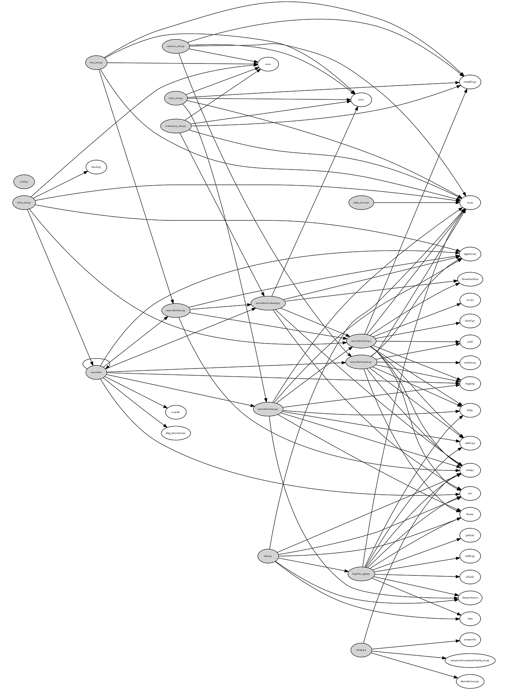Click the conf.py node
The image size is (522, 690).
pyautogui.click(x=24, y=182)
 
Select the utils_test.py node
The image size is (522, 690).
pyautogui.click(x=24, y=203)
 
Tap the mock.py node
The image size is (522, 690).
pyautogui.click(x=96, y=167)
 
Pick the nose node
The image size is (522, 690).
pyautogui.click(x=268, y=64)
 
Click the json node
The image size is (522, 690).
pyautogui.click(x=361, y=100)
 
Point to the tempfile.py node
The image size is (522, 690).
pyautogui.click(x=470, y=82)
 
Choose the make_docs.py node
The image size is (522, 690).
pyautogui.click(x=361, y=203)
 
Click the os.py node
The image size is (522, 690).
pyautogui.click(x=470, y=203)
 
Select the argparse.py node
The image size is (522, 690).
pyautogui.click(x=470, y=254)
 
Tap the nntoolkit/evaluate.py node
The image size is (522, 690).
pyautogui.click(x=268, y=303)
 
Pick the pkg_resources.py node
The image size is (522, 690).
pyautogui.click(x=176, y=433)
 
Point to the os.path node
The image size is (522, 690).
pyautogui.click(x=176, y=412)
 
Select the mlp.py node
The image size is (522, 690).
pyautogui.click(x=268, y=556)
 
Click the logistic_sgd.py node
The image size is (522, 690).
pyautogui.click(x=361, y=574)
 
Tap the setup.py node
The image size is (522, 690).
pyautogui.click(x=361, y=650)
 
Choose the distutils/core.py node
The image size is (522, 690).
pyautogui.click(x=470, y=681)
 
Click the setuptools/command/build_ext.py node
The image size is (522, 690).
pyautogui.click(x=470, y=660)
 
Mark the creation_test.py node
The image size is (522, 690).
pyautogui.click(x=176, y=46)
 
